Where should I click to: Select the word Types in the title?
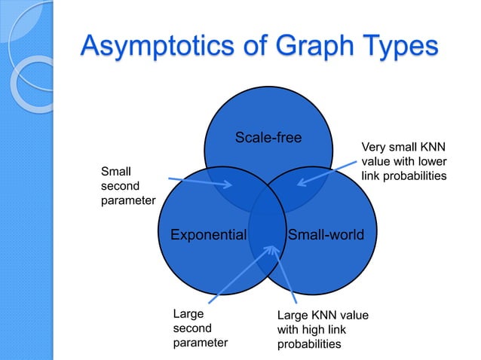coord(397,44)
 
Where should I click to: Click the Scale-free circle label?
coord(268,137)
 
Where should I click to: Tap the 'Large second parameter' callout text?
coord(200,328)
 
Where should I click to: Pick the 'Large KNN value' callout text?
coord(323,329)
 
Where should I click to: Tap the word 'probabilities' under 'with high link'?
coord(309,343)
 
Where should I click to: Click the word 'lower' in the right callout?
coord(430,161)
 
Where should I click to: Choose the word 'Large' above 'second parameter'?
coord(188,314)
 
